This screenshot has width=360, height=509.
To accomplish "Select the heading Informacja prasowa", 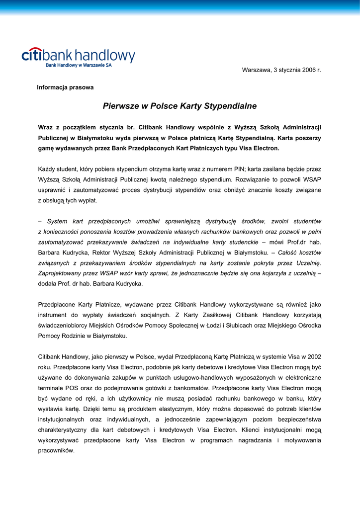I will click(65, 87).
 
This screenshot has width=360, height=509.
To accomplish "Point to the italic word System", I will click(57, 221).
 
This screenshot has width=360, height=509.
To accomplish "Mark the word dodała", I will click(48, 283).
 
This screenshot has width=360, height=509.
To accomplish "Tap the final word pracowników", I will click(56, 450).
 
